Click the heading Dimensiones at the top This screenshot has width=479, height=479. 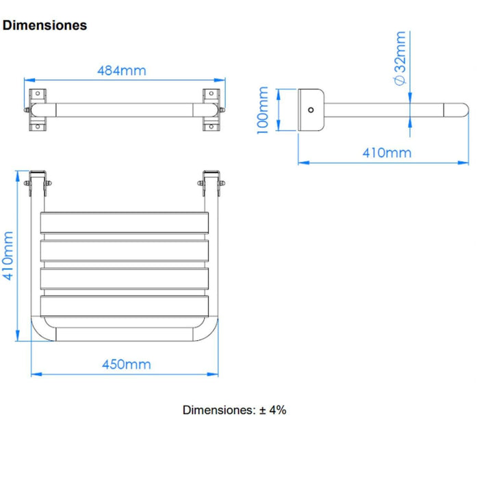[x=45, y=25]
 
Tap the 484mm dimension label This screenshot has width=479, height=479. [x=121, y=70]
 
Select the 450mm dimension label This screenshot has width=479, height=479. [x=126, y=364]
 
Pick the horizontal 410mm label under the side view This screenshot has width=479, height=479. [x=387, y=152]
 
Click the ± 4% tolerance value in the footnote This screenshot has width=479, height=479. [x=273, y=411]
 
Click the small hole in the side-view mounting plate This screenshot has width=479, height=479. [x=311, y=109]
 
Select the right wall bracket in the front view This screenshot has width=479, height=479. [x=211, y=109]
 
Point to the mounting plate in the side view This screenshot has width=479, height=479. [x=311, y=109]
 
